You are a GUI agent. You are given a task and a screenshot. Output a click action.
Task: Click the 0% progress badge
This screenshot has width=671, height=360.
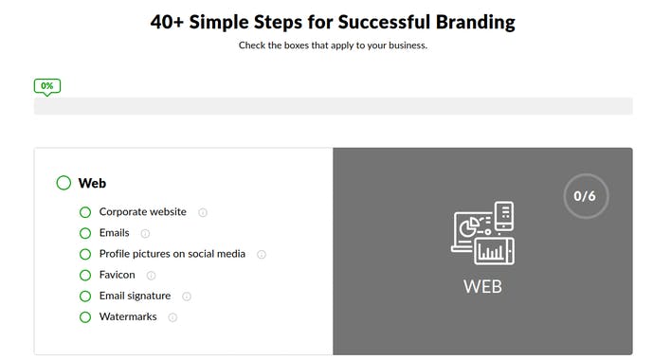point(46,85)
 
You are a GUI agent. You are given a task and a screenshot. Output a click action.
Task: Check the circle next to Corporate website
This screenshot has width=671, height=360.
point(85,212)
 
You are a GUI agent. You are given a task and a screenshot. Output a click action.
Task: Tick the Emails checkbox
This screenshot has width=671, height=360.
point(85,233)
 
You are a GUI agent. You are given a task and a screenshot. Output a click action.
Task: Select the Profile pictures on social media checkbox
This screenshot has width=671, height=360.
point(85,254)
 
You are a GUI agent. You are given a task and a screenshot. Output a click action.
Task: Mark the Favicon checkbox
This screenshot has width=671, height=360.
point(85,275)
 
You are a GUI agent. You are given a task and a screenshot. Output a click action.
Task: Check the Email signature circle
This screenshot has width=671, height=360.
point(85,296)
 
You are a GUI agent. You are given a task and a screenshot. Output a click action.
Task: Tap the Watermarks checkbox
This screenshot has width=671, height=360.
point(85,316)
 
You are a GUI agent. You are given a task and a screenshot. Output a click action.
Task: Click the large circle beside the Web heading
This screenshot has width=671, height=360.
point(63,183)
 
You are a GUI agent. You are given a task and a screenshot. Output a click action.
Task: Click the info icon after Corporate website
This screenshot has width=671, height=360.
point(203,212)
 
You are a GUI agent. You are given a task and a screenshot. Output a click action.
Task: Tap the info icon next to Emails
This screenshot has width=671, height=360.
point(145,233)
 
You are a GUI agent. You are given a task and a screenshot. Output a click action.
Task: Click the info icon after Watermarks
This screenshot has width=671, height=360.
point(172,317)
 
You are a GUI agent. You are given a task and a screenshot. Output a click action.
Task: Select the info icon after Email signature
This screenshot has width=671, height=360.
point(187,297)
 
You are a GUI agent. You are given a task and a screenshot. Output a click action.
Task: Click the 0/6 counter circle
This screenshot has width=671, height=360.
point(585,196)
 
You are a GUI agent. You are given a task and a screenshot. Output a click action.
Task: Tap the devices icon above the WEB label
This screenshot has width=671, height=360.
point(482,233)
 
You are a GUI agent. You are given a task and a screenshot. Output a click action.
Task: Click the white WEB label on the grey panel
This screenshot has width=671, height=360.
point(482,284)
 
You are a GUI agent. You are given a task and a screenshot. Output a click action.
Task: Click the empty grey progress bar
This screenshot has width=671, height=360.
point(333,106)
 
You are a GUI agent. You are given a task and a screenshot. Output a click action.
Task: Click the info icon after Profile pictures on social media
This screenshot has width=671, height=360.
point(262,255)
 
